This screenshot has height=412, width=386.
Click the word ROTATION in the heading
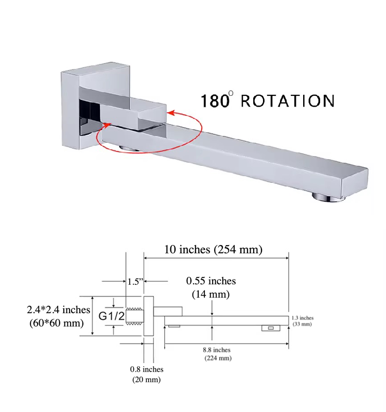tap(288, 101)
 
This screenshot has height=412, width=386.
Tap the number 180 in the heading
tap(215, 101)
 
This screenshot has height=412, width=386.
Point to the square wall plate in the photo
tap(95, 106)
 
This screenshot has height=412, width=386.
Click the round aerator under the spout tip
tap(327, 197)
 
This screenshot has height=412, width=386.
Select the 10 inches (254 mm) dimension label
tap(213, 249)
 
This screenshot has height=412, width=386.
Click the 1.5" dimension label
tap(135, 281)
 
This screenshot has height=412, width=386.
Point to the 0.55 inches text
tap(211, 281)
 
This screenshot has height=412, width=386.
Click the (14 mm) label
tap(211, 294)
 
